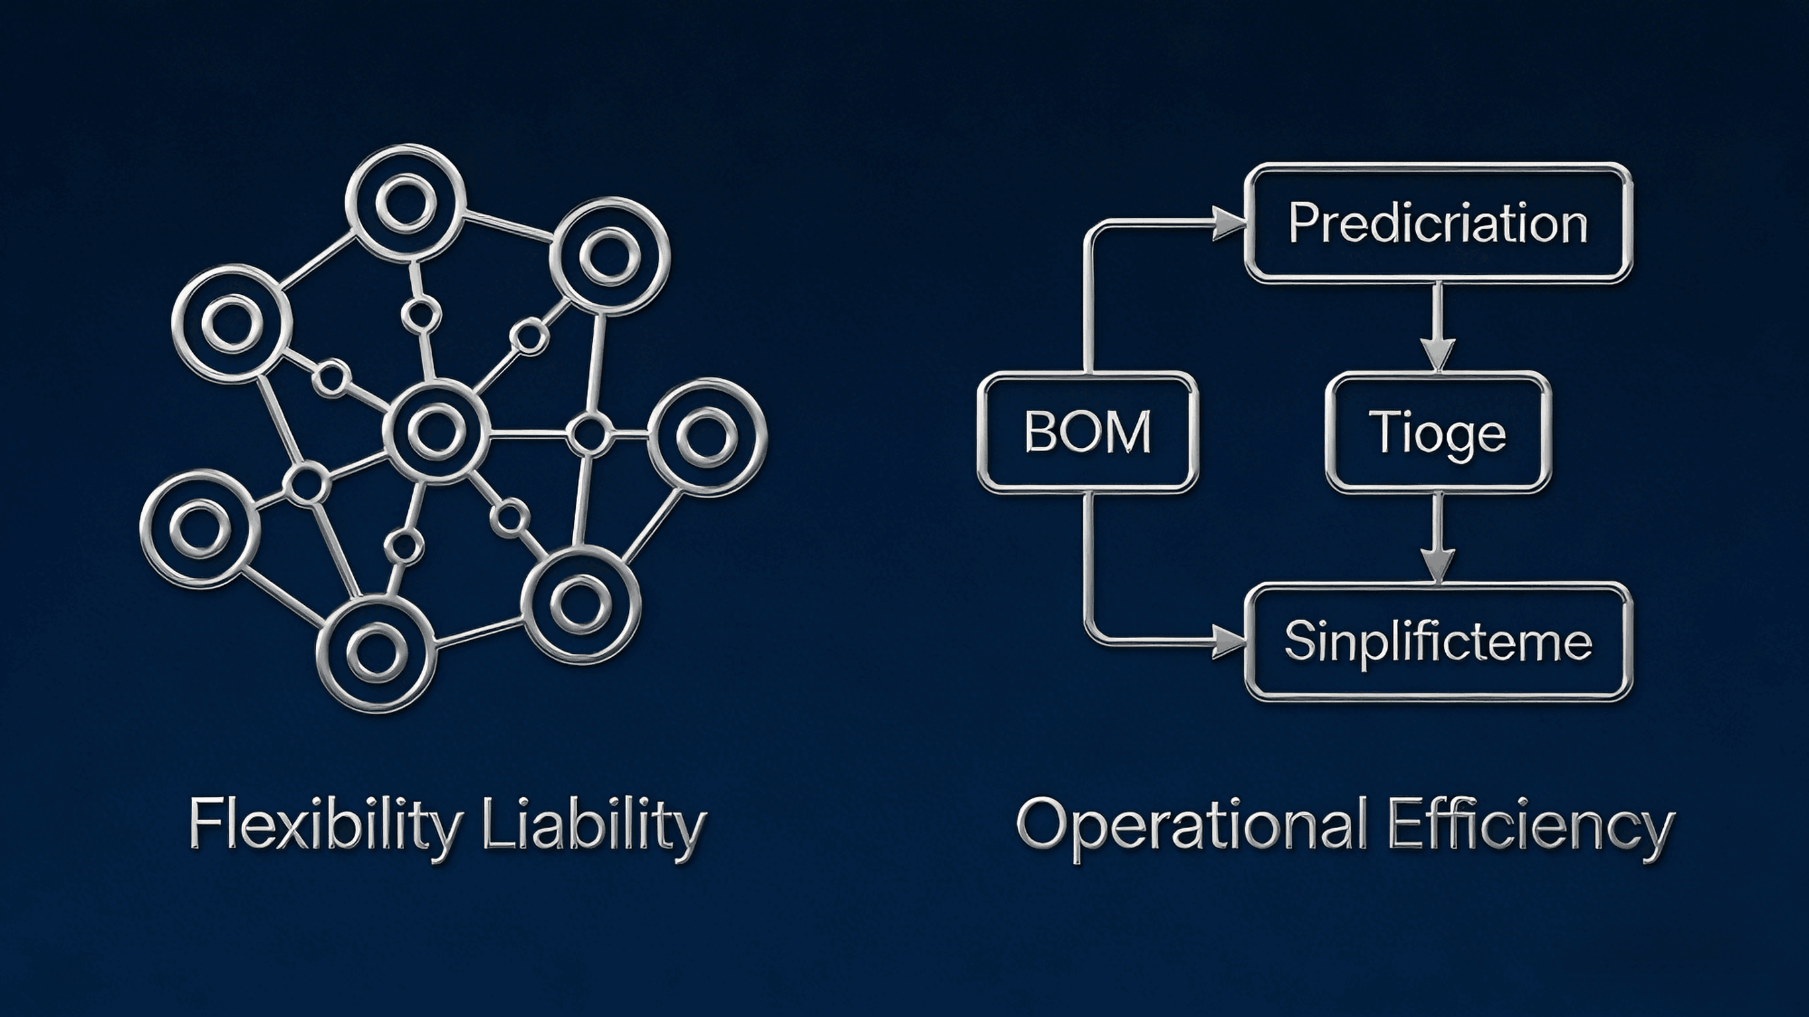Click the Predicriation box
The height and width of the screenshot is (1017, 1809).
(x=1437, y=223)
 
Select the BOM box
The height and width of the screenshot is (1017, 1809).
(x=1087, y=431)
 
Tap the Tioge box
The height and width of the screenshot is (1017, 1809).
(x=1437, y=431)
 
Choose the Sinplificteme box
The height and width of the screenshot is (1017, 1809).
(x=1437, y=642)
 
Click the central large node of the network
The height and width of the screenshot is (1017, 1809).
(x=437, y=431)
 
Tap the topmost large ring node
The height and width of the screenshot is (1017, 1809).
(x=406, y=203)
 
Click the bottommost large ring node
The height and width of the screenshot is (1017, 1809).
(x=376, y=653)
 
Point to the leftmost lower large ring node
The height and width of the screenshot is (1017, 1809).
(x=200, y=528)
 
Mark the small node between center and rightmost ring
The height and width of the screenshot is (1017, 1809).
(x=588, y=435)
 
